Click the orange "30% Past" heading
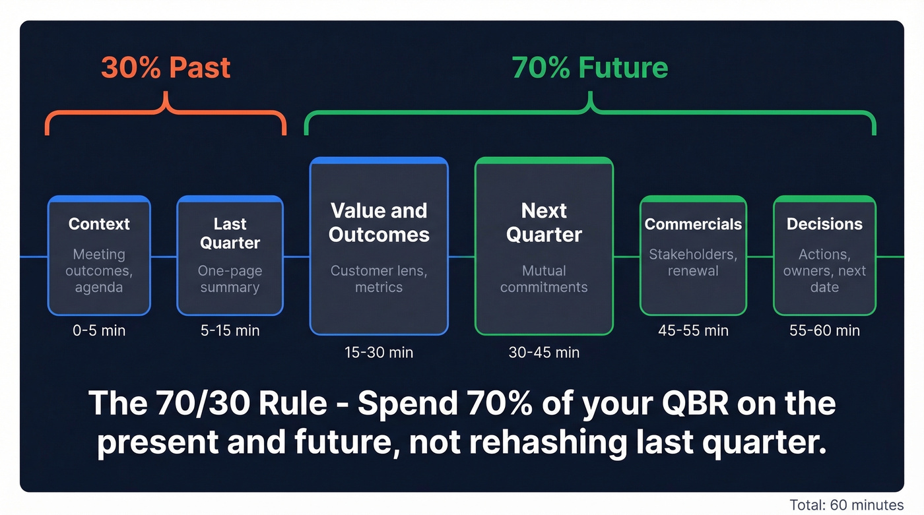(x=166, y=68)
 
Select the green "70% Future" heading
(x=589, y=68)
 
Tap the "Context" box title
(x=99, y=224)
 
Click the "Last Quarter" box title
(x=230, y=233)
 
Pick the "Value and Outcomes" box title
(x=379, y=222)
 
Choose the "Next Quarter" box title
(x=544, y=222)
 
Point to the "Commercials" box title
(x=693, y=224)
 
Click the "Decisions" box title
(x=824, y=224)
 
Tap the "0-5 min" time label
(x=99, y=330)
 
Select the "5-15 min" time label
(x=230, y=330)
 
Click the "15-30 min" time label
(x=379, y=353)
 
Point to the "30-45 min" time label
(x=544, y=353)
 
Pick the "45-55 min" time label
(x=693, y=330)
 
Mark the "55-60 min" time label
(x=824, y=330)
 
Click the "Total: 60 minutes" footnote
(x=846, y=505)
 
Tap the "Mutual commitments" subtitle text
(x=544, y=279)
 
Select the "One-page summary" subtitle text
(x=230, y=279)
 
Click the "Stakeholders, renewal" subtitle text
(x=693, y=262)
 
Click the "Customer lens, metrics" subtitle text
(x=379, y=279)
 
